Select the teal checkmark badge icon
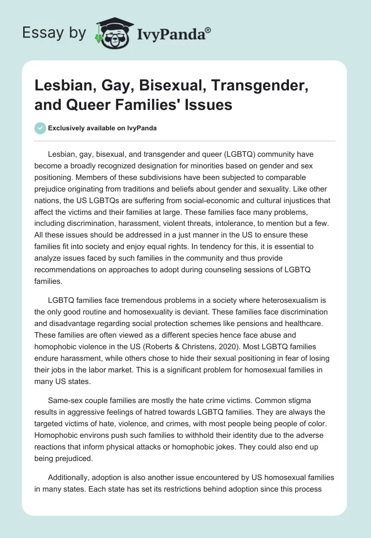(40, 128)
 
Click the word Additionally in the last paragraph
(70, 477)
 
